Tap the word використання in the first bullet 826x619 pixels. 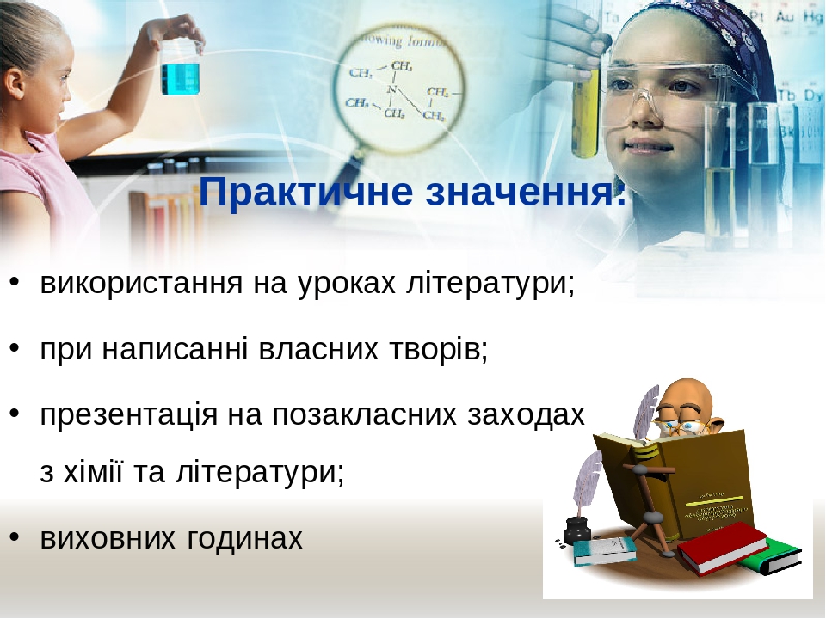click(x=141, y=283)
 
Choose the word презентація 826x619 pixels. click(x=129, y=416)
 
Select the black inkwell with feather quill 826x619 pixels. click(x=576, y=526)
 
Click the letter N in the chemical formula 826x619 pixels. click(x=391, y=89)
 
